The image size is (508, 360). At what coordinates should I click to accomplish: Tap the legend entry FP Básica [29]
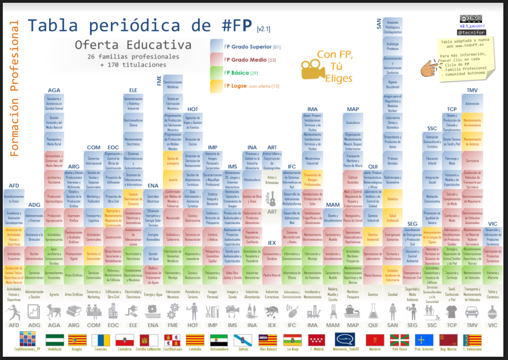click(x=241, y=73)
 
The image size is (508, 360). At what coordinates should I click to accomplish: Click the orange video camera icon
click(x=311, y=70)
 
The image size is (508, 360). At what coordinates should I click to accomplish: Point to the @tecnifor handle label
click(x=471, y=33)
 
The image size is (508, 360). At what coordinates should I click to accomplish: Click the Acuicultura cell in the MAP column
click(x=353, y=122)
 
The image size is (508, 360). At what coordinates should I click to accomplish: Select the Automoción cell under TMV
click(x=472, y=103)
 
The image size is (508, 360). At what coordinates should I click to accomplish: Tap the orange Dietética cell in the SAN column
click(x=393, y=199)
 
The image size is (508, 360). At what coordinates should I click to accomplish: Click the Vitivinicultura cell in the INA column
click(x=252, y=179)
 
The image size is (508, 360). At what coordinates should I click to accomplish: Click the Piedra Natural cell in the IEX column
click(x=272, y=275)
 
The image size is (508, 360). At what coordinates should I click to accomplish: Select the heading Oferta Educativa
click(x=133, y=45)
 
